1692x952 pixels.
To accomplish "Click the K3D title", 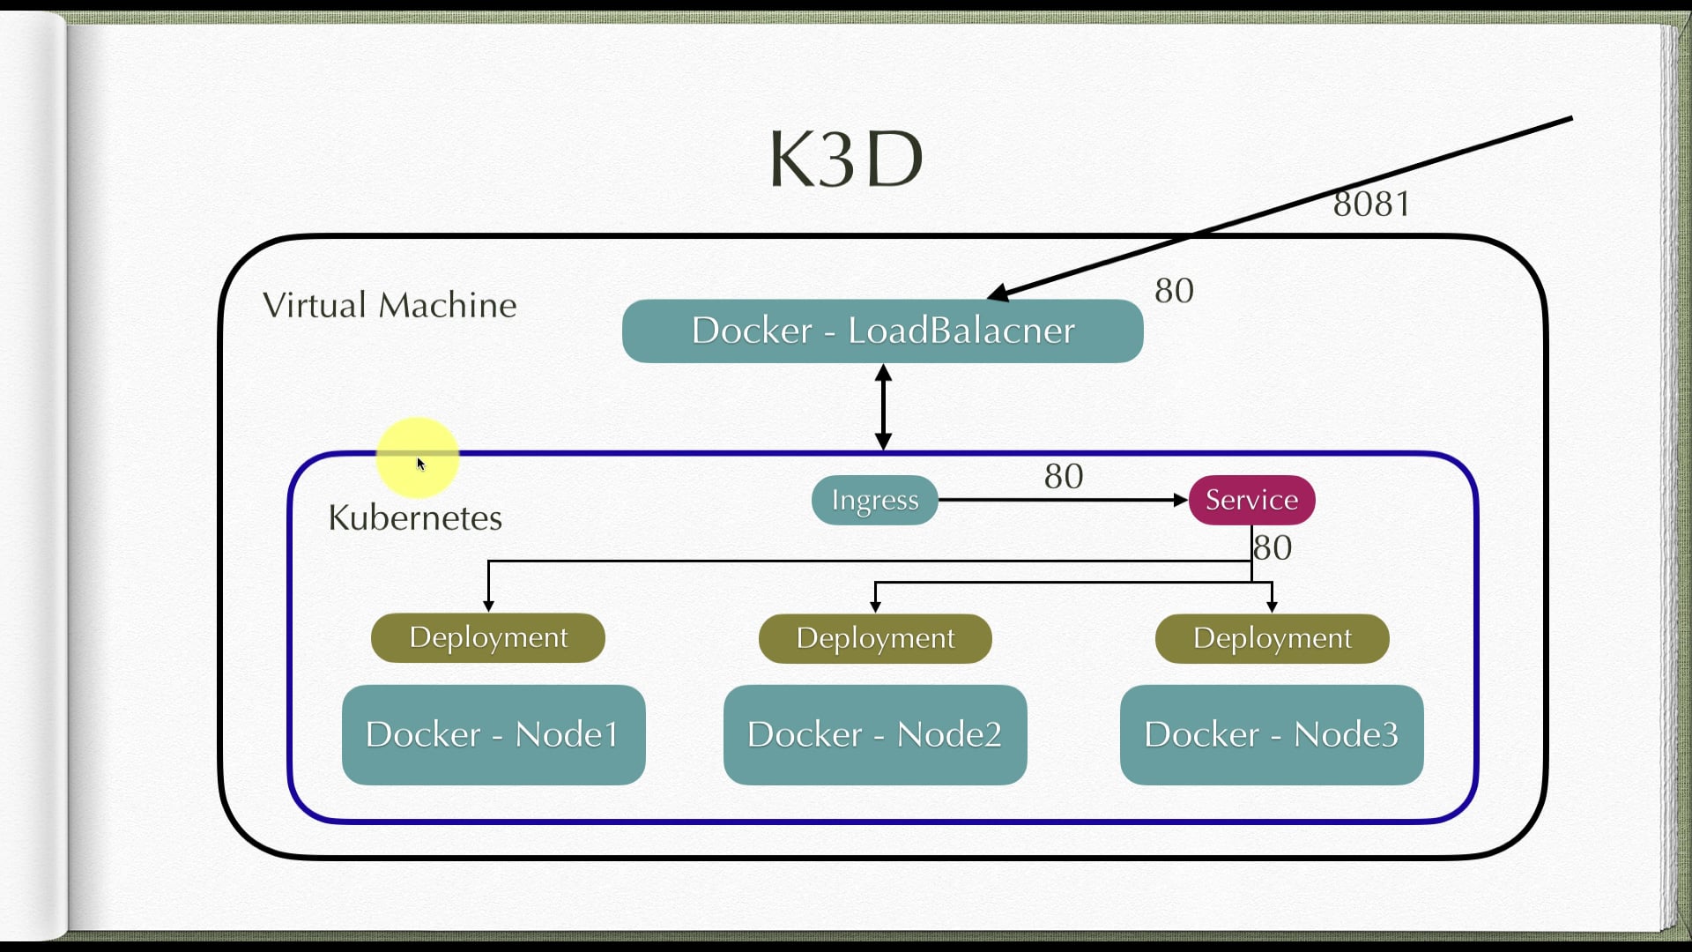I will (x=846, y=160).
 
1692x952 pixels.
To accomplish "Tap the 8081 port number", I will (x=1370, y=204).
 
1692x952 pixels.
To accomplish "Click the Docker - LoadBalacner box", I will (x=882, y=331).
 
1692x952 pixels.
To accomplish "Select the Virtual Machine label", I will (x=390, y=305).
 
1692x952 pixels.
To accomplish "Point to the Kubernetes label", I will (x=414, y=517).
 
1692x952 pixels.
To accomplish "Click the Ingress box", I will (x=874, y=500).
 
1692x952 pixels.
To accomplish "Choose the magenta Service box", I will (x=1251, y=500).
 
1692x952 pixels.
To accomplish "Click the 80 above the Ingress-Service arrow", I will (x=1063, y=477).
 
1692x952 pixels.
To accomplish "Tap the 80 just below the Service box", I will (x=1273, y=548).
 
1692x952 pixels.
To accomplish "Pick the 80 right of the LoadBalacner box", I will (x=1174, y=291).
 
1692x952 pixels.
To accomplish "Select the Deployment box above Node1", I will (x=487, y=637).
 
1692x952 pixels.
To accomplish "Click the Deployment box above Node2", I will (x=874, y=638).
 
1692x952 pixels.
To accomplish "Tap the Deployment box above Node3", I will (x=1272, y=638).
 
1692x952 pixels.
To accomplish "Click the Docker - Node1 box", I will (x=493, y=734).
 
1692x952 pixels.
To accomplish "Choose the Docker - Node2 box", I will (x=874, y=734).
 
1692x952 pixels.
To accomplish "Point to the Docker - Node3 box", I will (x=1271, y=734).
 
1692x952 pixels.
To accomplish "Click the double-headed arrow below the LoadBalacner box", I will (x=883, y=407).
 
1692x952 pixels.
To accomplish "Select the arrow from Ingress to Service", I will (x=1057, y=500).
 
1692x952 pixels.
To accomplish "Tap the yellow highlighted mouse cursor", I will (x=419, y=459).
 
